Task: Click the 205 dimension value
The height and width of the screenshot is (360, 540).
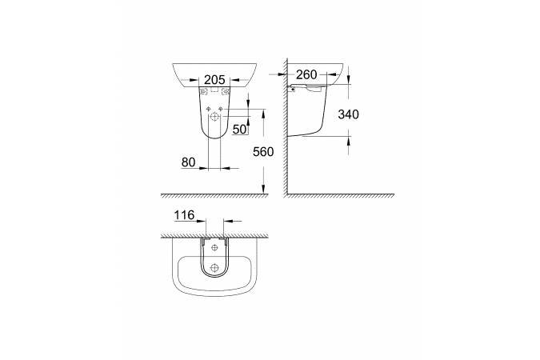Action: click(x=214, y=80)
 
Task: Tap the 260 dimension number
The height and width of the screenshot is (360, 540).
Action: click(x=306, y=74)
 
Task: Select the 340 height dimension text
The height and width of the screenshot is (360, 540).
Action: click(x=348, y=114)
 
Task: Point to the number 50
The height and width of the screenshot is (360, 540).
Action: click(x=239, y=130)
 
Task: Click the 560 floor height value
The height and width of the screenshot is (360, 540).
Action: click(x=263, y=152)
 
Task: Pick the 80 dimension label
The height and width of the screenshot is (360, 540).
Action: click(x=188, y=162)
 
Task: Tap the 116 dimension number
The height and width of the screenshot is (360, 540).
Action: click(x=184, y=215)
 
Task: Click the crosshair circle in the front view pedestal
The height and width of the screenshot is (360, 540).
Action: click(x=215, y=118)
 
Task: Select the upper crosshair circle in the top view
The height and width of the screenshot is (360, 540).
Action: click(x=214, y=247)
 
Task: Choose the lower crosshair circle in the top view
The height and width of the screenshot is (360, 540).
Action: click(x=214, y=267)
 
